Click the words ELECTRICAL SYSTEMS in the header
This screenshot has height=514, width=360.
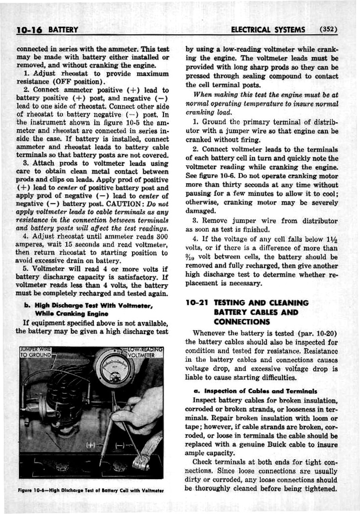(268, 30)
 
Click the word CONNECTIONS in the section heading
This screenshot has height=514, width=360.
(241, 322)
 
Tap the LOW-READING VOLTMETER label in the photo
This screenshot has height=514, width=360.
(144, 352)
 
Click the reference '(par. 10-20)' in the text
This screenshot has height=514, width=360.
(317, 334)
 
